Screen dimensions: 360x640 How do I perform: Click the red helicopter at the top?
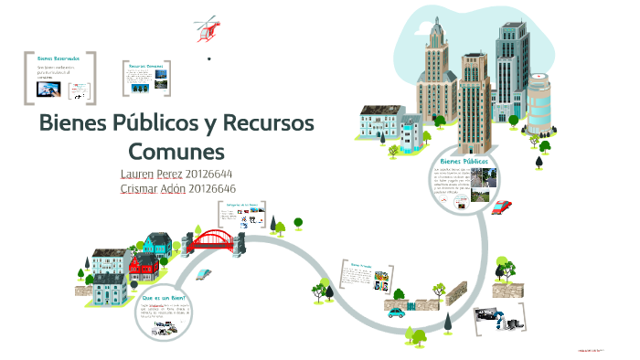208,28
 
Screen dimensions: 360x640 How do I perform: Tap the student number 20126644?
208,174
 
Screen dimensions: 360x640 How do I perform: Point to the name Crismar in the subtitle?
141,189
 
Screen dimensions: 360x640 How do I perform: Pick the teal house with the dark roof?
158,244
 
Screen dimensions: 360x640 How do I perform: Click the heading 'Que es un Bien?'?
164,298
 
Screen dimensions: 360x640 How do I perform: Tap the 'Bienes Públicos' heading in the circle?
464,160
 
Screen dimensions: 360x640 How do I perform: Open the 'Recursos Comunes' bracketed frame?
146,77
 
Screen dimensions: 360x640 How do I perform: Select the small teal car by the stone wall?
395,312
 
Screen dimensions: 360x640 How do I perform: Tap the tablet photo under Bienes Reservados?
48,90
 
